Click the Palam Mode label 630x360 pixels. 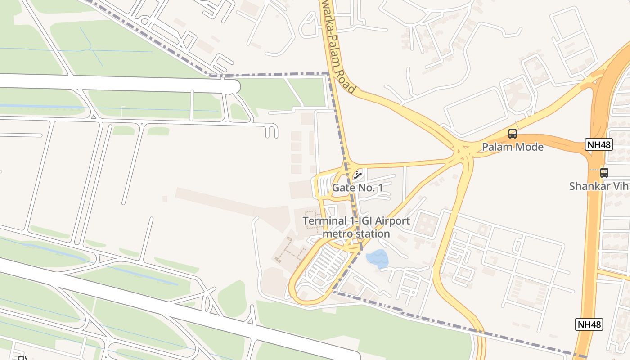513,147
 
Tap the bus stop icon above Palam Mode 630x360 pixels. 513,134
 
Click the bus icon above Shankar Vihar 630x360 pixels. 604,172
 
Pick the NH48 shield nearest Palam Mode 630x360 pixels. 599,144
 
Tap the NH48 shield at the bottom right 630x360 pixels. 589,324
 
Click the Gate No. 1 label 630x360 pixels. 357,188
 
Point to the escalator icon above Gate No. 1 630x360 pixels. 358,174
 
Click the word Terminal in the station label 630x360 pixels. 322,221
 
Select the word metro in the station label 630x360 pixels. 338,234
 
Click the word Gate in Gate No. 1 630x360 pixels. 342,188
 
